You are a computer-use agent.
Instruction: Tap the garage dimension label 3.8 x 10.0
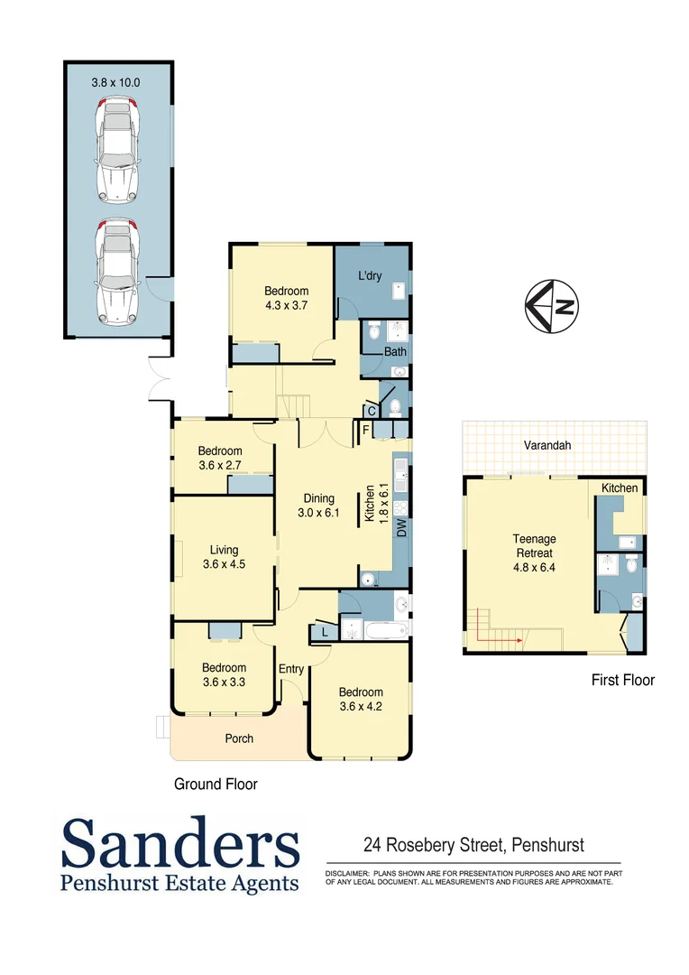[115, 82]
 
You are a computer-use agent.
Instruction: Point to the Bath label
[395, 351]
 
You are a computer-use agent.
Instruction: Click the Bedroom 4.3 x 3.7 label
[286, 299]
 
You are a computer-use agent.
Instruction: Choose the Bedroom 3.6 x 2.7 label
[221, 459]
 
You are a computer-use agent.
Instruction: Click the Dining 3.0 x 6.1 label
[319, 506]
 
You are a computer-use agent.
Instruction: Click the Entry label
[290, 669]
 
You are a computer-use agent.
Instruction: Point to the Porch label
[239, 738]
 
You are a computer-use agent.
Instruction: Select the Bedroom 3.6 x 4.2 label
[361, 700]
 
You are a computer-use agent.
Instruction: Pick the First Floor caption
[622, 680]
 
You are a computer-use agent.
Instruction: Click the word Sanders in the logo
[180, 845]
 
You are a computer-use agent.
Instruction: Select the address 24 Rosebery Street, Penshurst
[473, 846]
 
